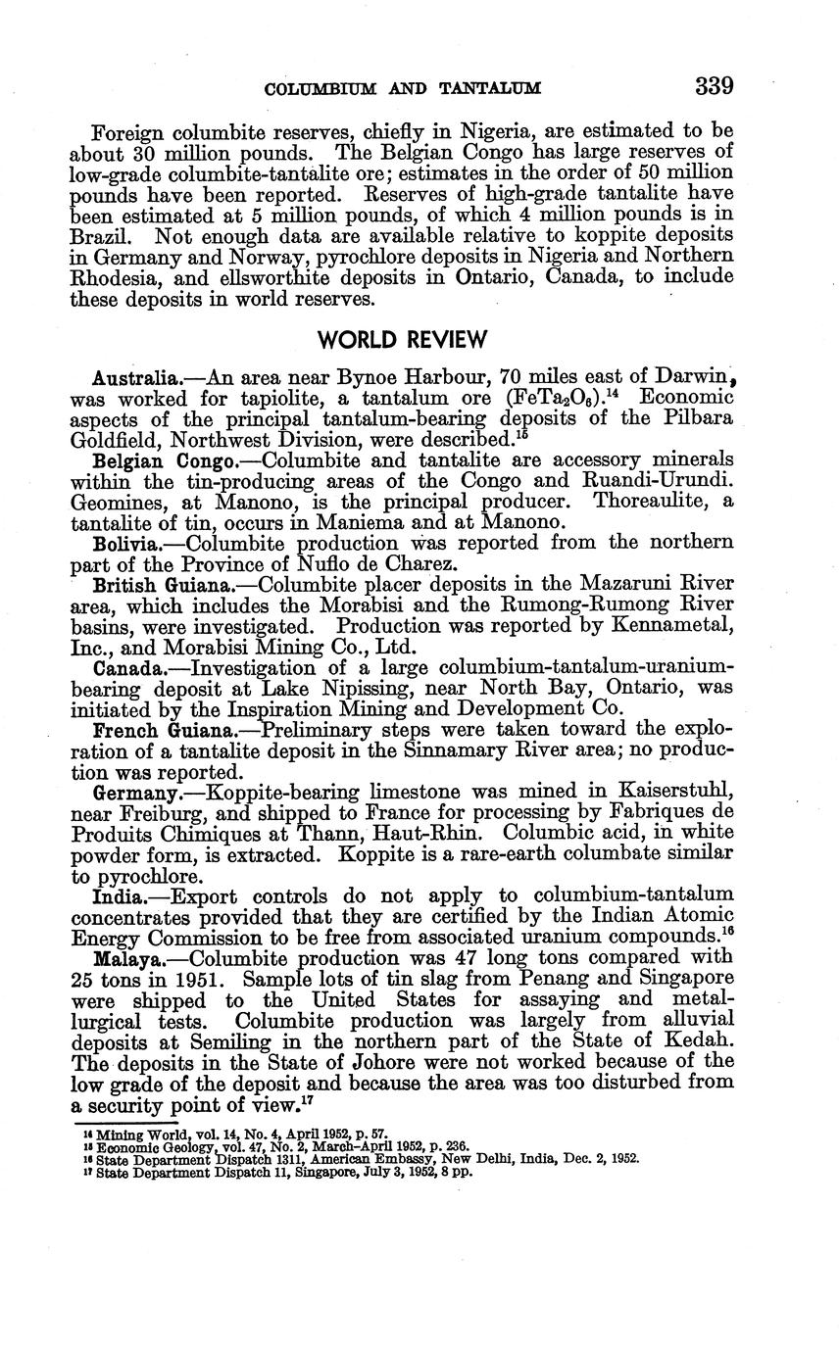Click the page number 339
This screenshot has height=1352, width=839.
point(714,86)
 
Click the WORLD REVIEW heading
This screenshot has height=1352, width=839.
point(402,340)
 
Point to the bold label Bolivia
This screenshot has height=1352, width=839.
point(129,543)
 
